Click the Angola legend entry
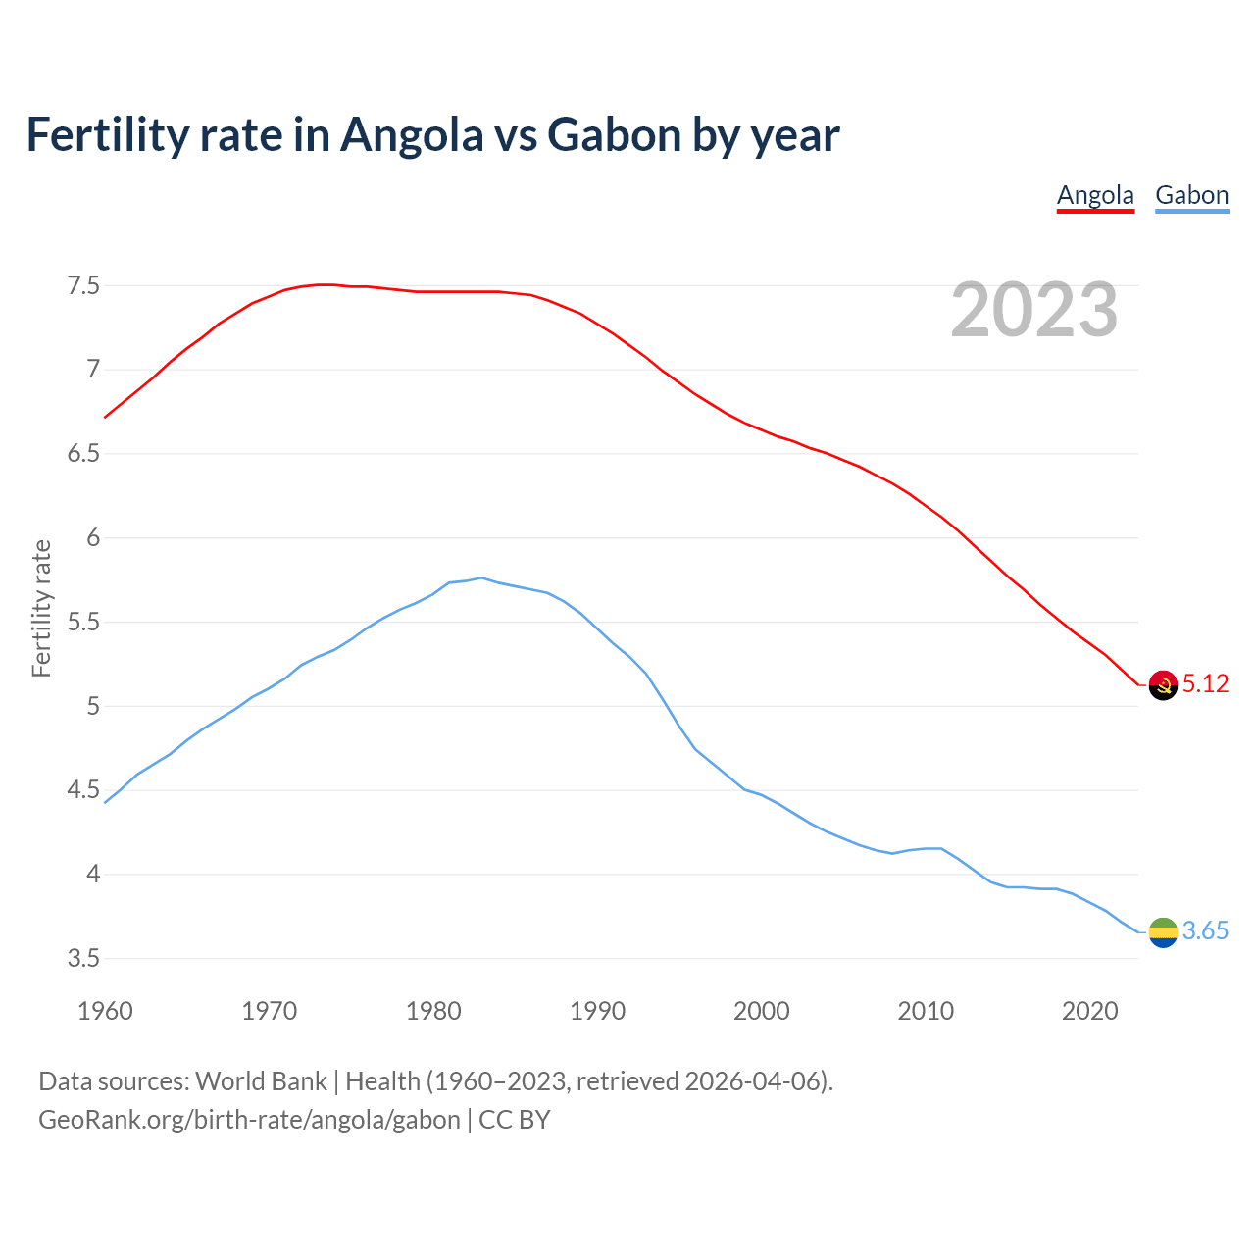(x=1095, y=195)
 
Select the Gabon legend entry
(x=1191, y=195)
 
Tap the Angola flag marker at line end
(x=1163, y=684)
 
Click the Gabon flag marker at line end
(x=1163, y=931)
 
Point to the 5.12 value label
(x=1205, y=684)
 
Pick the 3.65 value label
(x=1205, y=931)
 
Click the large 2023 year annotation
(x=1033, y=310)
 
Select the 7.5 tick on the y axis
(x=83, y=286)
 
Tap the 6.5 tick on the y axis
(x=83, y=454)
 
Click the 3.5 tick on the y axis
(x=83, y=958)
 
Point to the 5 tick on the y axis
(x=93, y=706)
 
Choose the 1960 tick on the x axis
(x=105, y=1011)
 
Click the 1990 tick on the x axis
(x=597, y=1011)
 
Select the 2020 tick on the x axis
(x=1089, y=1011)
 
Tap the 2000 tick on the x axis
(x=761, y=1011)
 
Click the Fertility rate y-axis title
(x=41, y=608)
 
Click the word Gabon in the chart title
(x=614, y=134)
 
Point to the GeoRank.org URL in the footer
(x=249, y=1120)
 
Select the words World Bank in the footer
(x=261, y=1081)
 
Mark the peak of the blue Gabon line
(x=481, y=577)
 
